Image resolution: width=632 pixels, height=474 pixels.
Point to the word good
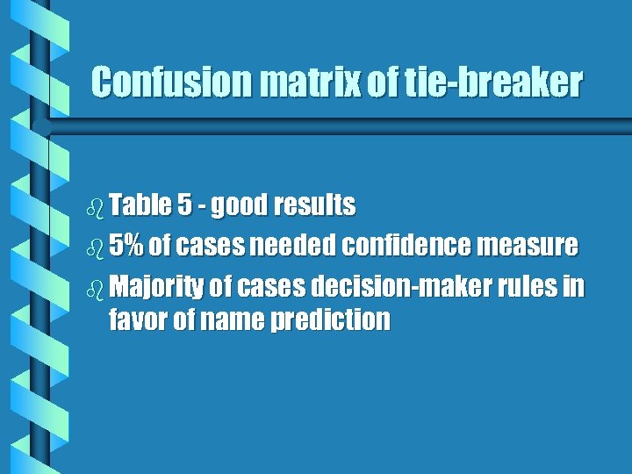239,206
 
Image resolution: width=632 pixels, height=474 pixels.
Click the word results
313,205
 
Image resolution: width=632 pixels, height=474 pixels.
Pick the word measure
528,246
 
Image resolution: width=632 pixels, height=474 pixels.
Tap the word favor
137,320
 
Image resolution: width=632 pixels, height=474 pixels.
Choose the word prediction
330,320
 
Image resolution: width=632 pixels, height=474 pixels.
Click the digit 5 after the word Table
184,205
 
